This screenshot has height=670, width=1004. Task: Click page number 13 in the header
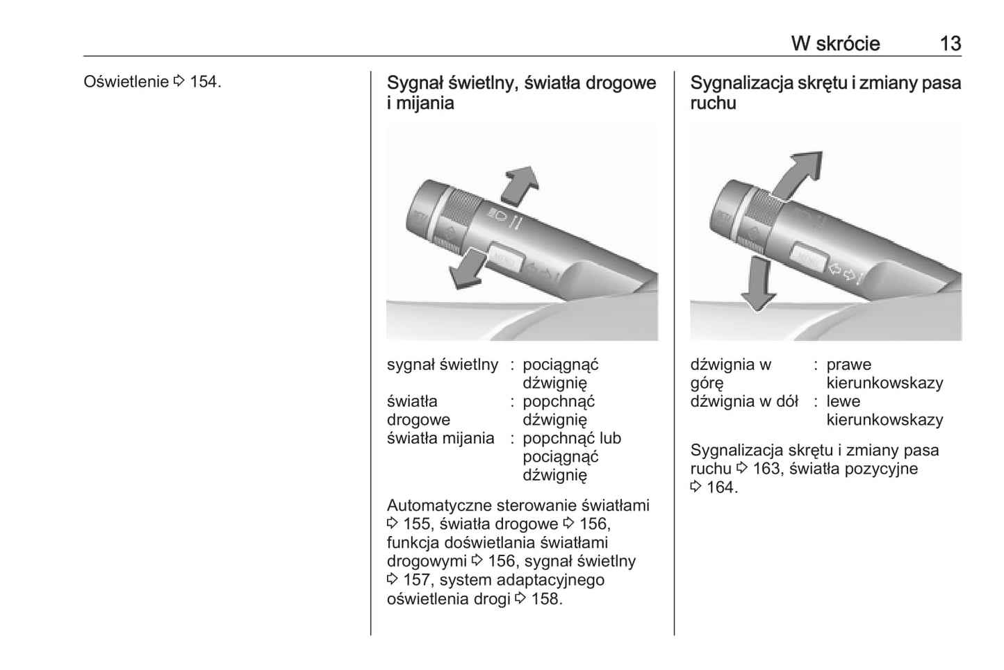tap(950, 44)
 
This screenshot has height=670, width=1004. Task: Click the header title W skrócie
tap(835, 44)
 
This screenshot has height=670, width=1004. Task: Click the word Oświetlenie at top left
tap(126, 82)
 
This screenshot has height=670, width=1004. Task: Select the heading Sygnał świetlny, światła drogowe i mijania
tap(521, 93)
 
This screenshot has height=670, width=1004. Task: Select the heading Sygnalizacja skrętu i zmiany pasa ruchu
tap(825, 93)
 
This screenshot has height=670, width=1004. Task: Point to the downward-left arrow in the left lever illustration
tap(468, 268)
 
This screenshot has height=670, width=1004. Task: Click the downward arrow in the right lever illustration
tap(759, 284)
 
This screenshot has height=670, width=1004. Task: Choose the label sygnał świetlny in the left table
tap(443, 365)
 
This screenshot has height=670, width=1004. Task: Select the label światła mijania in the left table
tap(441, 438)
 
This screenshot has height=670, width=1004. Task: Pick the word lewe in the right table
tap(843, 401)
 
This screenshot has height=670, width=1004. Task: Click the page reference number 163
tap(766, 469)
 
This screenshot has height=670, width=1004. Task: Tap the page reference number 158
tap(545, 598)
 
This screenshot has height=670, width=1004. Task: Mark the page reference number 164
tap(720, 487)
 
